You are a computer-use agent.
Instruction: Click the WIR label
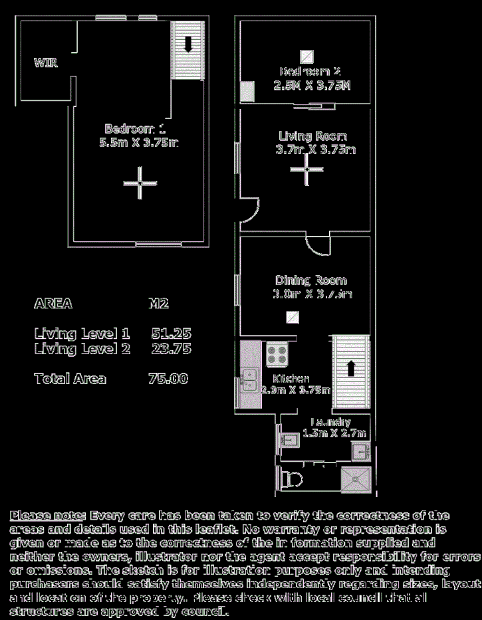[x=46, y=63]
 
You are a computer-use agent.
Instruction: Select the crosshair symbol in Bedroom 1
[x=140, y=183]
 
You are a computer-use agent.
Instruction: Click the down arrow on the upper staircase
[x=187, y=44]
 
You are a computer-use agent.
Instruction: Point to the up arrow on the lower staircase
[x=351, y=367]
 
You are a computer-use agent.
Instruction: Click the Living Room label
[x=312, y=136]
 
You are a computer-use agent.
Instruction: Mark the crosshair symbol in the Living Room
[x=306, y=169]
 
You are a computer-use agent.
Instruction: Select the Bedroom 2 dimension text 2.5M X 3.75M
[x=312, y=86]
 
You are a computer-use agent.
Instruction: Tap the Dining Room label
[x=311, y=280]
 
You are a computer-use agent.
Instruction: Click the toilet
[x=291, y=479]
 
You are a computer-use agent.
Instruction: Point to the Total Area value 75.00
[x=168, y=379]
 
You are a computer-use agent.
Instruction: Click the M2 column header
[x=158, y=304]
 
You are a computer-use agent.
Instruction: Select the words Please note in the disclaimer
[x=47, y=516]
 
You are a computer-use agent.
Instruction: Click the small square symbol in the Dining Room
[x=291, y=318]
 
